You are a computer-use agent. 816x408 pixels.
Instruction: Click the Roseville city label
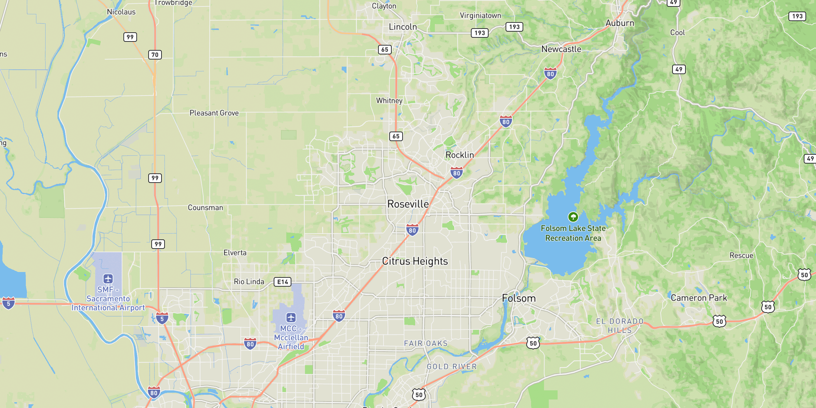coord(408,204)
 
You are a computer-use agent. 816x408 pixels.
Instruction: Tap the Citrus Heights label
coord(415,261)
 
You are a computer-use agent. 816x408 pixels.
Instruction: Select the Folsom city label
coord(519,299)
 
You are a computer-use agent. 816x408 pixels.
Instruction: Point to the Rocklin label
coord(460,155)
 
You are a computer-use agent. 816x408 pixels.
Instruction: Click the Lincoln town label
coord(403,27)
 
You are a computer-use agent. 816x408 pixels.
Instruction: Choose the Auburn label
coord(620,23)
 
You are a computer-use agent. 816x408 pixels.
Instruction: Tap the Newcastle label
coord(561,49)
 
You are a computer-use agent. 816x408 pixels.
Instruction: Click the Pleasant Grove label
coord(214,113)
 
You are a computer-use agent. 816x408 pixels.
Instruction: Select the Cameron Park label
coord(699,298)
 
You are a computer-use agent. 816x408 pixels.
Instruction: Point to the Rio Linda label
coord(249,282)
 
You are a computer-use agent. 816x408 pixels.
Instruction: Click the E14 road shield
coord(283,282)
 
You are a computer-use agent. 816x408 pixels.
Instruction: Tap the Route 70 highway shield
coord(155,55)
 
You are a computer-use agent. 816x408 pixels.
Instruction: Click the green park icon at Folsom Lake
coord(573,217)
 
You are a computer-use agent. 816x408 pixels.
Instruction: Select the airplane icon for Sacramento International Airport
coord(108,279)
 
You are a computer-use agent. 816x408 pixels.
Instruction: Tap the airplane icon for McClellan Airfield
coord(291,318)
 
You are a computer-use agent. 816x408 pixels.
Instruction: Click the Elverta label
coord(235,253)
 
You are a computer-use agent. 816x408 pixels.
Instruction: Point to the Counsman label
coord(205,208)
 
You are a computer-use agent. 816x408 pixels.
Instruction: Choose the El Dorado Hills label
coord(620,326)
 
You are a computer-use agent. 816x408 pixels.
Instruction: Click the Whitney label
coord(389,101)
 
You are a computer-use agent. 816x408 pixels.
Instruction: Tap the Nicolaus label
coord(121,12)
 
